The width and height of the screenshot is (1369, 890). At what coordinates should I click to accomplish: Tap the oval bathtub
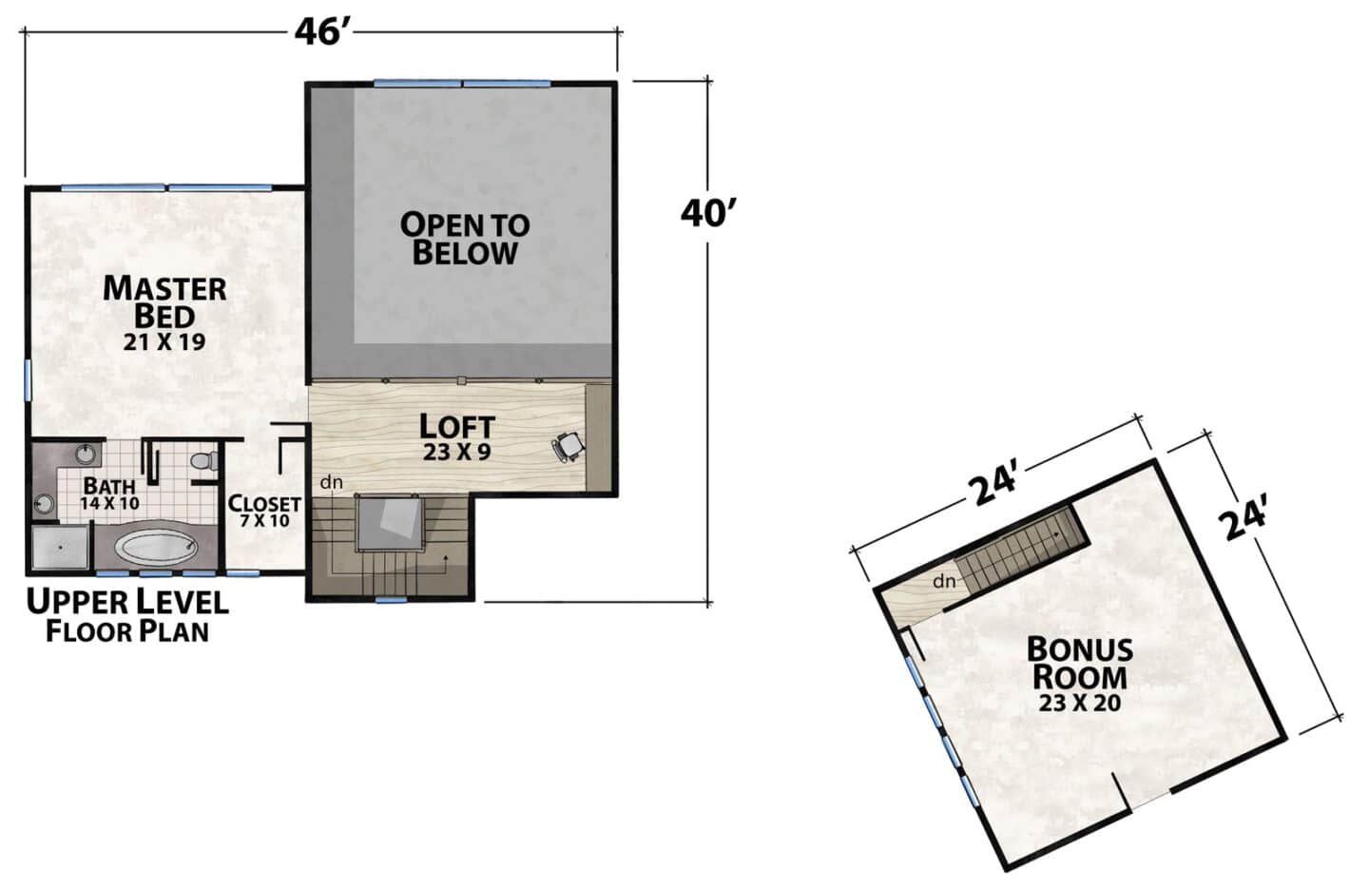tap(157, 548)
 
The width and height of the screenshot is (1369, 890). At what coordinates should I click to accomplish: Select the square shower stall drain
tap(60, 548)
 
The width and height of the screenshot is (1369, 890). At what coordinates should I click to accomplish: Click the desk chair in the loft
tap(568, 445)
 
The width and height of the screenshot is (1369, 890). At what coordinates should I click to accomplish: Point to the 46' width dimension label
tap(321, 32)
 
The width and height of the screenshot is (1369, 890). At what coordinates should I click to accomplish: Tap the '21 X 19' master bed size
tap(164, 342)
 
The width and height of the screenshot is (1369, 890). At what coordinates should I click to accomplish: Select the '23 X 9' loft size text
tap(456, 452)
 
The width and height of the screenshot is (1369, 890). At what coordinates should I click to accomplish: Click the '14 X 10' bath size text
tap(109, 504)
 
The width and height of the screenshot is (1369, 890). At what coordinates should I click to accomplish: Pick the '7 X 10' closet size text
tap(264, 521)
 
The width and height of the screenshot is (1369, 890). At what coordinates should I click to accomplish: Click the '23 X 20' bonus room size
tap(1080, 703)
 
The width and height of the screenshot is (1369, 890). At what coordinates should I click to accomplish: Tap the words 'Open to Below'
tap(465, 239)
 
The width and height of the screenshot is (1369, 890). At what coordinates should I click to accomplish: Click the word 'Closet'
tap(264, 504)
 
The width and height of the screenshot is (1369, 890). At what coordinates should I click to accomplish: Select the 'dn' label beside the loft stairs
tap(331, 482)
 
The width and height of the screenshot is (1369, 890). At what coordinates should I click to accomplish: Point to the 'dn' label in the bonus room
tap(944, 581)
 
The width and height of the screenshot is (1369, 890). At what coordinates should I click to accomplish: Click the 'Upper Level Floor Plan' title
tap(127, 616)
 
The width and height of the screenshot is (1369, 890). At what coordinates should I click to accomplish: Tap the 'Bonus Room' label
tap(1080, 664)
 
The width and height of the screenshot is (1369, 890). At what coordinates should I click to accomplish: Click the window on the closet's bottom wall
tap(243, 573)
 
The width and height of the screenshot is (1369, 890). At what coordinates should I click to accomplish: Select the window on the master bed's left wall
tap(28, 380)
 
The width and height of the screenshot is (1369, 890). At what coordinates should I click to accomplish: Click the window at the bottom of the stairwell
tap(391, 600)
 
